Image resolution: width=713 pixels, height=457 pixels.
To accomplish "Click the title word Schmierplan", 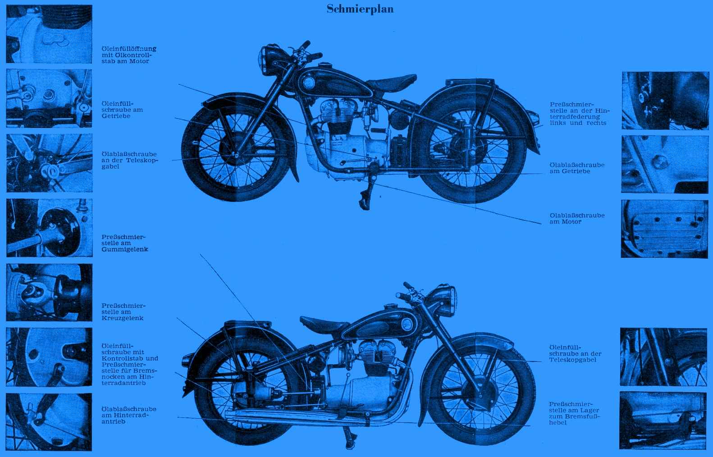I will pos(360,9).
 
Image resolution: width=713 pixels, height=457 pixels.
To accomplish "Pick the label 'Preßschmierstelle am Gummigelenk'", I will pos(124,243).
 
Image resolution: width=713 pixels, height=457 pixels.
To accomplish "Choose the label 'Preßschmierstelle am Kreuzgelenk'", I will pos(123,312).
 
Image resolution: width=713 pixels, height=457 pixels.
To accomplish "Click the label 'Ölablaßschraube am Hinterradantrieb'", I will pos(129,415).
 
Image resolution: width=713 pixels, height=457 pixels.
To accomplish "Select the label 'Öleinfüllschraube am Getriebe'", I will pos(123,110).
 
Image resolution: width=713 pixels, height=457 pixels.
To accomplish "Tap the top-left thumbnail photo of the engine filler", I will pos(49,34).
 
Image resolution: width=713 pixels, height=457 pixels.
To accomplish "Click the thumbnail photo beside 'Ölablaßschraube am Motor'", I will pos(665,228).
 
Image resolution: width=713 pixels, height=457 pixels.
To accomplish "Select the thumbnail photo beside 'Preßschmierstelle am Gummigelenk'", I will pos(49,228).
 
